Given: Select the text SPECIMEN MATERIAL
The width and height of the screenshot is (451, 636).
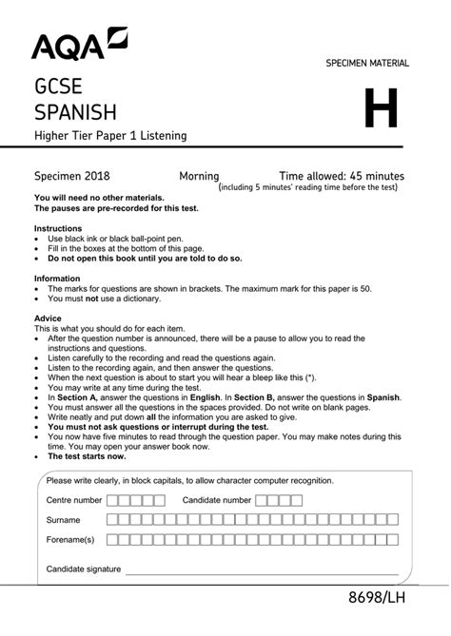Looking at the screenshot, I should point(367,63).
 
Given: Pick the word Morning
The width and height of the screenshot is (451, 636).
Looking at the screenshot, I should point(199,176).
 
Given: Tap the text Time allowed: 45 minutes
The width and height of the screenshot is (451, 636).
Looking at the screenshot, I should point(342,176).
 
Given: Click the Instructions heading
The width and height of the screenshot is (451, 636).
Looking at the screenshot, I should point(59,229).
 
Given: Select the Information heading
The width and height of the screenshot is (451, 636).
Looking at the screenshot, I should point(58,279).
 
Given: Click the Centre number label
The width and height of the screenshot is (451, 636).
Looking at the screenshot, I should point(74,499).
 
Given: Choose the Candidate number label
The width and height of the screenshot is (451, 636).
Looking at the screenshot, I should point(217,499).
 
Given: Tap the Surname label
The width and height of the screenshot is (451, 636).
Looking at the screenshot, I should point(64,520).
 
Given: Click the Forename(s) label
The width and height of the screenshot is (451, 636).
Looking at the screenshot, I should point(70,540).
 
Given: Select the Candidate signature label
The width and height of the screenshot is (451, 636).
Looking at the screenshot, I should point(84,569).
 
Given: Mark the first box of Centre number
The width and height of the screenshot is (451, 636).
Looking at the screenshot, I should point(112,499).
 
